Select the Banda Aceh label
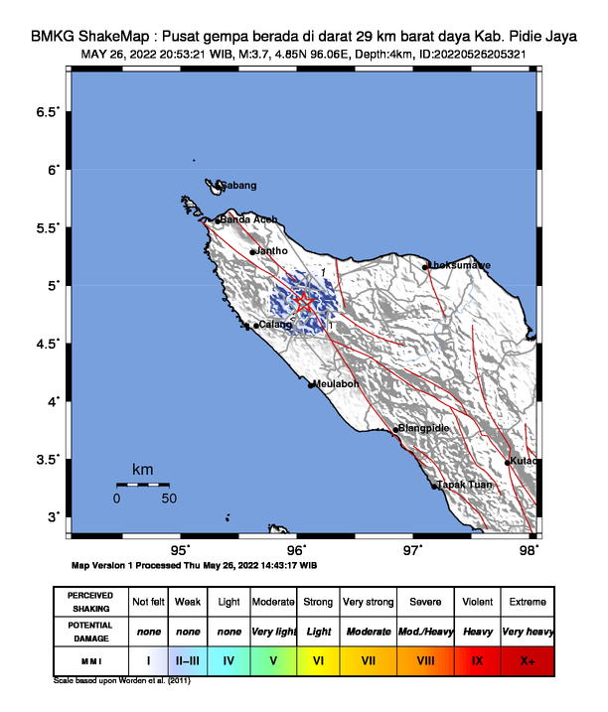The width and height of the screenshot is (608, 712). pyautogui.click(x=248, y=219)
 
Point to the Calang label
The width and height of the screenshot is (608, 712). pyautogui.click(x=274, y=325)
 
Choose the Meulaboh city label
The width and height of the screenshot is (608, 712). pyautogui.click(x=335, y=383)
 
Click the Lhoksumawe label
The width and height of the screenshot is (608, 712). pyautogui.click(x=458, y=265)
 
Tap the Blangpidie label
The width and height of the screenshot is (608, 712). pyautogui.click(x=423, y=428)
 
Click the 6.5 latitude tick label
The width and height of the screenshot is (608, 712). pyautogui.click(x=48, y=112)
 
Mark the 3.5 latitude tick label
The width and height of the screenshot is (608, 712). pyautogui.click(x=48, y=460)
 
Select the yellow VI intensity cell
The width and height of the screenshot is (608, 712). pyautogui.click(x=319, y=658)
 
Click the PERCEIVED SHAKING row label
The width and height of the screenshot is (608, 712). pyautogui.click(x=90, y=602)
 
